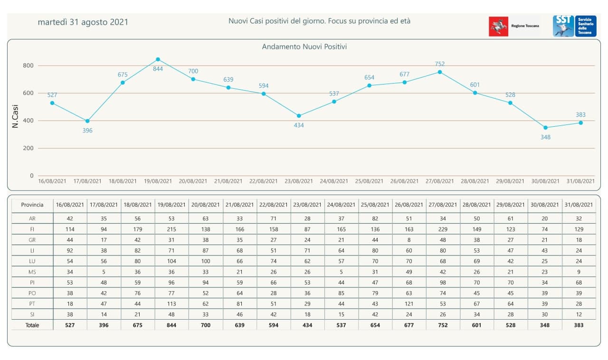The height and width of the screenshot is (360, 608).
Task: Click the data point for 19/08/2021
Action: click(x=158, y=59)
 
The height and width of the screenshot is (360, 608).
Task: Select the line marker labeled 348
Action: click(x=545, y=128)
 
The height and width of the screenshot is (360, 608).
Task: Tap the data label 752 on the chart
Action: click(x=440, y=64)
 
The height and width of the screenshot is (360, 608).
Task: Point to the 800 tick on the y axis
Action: click(x=28, y=66)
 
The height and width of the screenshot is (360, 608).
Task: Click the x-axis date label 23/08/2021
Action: click(x=299, y=181)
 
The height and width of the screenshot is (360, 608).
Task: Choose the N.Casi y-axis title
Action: click(x=15, y=115)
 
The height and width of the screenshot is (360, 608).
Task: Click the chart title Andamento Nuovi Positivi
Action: click(x=304, y=47)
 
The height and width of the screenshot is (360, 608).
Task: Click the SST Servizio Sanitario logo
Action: click(x=574, y=26)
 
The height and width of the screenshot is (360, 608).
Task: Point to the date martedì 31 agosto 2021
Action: click(x=83, y=22)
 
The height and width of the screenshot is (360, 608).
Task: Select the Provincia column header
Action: click(x=32, y=205)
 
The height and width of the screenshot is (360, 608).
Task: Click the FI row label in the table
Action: click(x=32, y=229)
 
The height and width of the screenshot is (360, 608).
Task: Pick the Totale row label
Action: click(x=32, y=325)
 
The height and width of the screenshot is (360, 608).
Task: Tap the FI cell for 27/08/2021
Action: click(x=443, y=229)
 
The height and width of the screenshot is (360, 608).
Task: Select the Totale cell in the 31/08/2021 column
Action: click(x=578, y=325)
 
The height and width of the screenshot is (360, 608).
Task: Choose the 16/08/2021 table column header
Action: click(x=70, y=205)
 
